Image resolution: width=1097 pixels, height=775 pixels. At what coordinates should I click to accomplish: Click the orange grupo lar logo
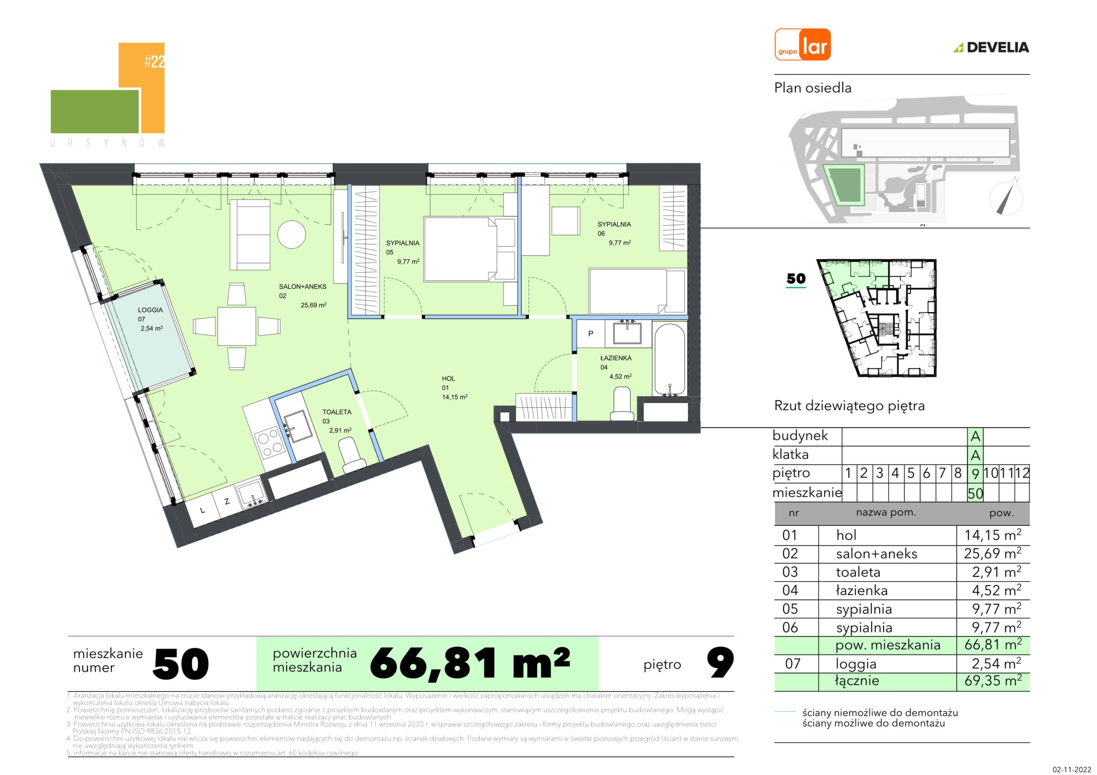[803, 45]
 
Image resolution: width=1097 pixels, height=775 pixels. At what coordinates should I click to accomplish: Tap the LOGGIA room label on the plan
[150, 310]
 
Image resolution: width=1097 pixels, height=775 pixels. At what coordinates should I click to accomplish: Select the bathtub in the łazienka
[670, 360]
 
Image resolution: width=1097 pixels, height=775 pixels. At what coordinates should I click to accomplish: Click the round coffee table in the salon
[291, 234]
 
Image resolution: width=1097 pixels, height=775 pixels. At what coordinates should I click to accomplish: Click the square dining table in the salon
[237, 326]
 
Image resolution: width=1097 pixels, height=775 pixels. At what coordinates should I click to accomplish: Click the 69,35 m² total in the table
[993, 680]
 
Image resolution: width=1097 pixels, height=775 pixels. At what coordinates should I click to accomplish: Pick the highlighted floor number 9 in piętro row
[975, 473]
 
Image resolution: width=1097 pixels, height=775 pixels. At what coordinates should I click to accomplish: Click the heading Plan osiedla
[813, 88]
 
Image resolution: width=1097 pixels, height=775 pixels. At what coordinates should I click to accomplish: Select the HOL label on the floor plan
[448, 379]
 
